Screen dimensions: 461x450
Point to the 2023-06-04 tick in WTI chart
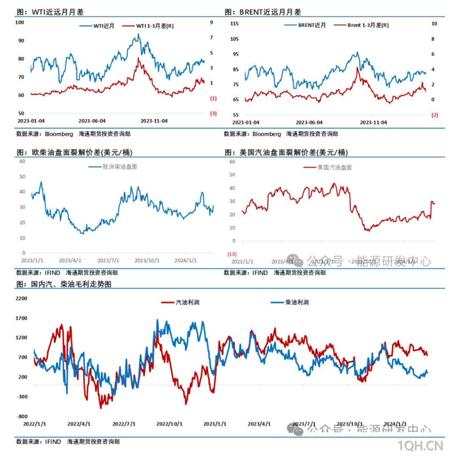point(92,121)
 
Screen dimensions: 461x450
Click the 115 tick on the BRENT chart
point(234,24)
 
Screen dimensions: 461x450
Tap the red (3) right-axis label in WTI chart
point(213,113)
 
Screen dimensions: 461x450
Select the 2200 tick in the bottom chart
point(21,298)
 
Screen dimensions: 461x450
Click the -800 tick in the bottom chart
point(22,416)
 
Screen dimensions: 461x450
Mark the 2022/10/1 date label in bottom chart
point(169,424)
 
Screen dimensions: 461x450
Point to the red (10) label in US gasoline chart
point(232,254)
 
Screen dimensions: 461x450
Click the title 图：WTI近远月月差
point(50,12)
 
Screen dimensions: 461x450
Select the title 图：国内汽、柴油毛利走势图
point(64,284)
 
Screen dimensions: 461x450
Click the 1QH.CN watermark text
point(420,446)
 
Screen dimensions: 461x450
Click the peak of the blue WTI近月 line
point(138,34)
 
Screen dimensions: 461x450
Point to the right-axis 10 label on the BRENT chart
point(434,24)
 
